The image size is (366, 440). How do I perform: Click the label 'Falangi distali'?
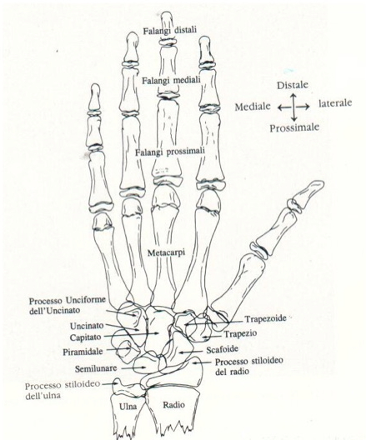[170, 30]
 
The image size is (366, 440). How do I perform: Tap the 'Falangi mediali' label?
[171, 81]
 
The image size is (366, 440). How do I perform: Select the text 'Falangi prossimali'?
[170, 152]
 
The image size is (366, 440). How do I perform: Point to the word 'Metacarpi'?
[166, 252]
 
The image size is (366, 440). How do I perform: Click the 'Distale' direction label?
[293, 85]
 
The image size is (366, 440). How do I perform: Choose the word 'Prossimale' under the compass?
[294, 128]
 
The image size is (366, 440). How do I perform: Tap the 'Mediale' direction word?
[253, 107]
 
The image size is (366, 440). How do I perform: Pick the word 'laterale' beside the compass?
[335, 103]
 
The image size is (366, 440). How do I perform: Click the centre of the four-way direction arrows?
[293, 107]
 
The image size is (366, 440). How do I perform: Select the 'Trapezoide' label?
[265, 319]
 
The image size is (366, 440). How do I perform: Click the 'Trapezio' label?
[240, 333]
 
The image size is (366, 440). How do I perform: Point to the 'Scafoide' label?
[223, 349]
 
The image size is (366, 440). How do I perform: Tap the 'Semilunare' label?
[96, 368]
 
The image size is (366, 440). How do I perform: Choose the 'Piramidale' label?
[83, 352]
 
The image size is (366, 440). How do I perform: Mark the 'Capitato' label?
[85, 337]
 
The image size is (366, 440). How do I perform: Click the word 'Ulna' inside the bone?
[128, 407]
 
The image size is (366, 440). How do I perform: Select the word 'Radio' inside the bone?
[173, 405]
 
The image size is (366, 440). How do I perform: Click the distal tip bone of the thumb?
[310, 192]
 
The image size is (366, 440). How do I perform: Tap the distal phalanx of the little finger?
[95, 97]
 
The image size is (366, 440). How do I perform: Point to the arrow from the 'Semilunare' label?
[132, 367]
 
